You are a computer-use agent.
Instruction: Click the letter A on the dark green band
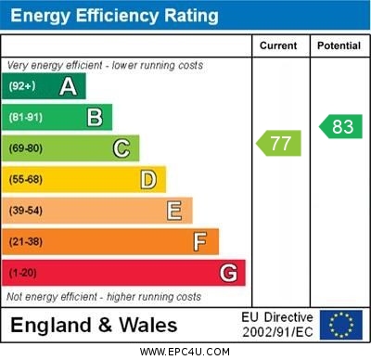pos(68,86)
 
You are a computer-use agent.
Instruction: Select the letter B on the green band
pos(95,117)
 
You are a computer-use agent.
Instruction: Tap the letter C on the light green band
pos(122,148)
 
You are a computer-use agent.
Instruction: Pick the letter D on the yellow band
pos(148,179)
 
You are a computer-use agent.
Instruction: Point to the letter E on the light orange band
pos(174,211)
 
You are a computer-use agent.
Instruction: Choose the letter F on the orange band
pos(200,242)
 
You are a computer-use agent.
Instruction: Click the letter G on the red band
pos(228,273)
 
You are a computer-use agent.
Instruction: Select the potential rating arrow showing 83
pos(339,126)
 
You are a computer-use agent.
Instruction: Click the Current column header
pos(278,45)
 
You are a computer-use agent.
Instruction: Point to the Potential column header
pos(339,45)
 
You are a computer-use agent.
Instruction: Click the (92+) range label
pos(22,86)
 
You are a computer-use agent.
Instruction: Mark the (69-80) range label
pos(26,148)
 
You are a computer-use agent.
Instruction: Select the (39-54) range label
pos(26,211)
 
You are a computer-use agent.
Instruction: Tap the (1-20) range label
pos(23,274)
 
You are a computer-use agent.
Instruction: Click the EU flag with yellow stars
pos(341,325)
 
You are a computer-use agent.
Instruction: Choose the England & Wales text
pos(94,326)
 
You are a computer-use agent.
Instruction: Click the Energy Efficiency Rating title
pos(113,16)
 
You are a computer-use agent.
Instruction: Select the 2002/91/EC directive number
pos(277,332)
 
